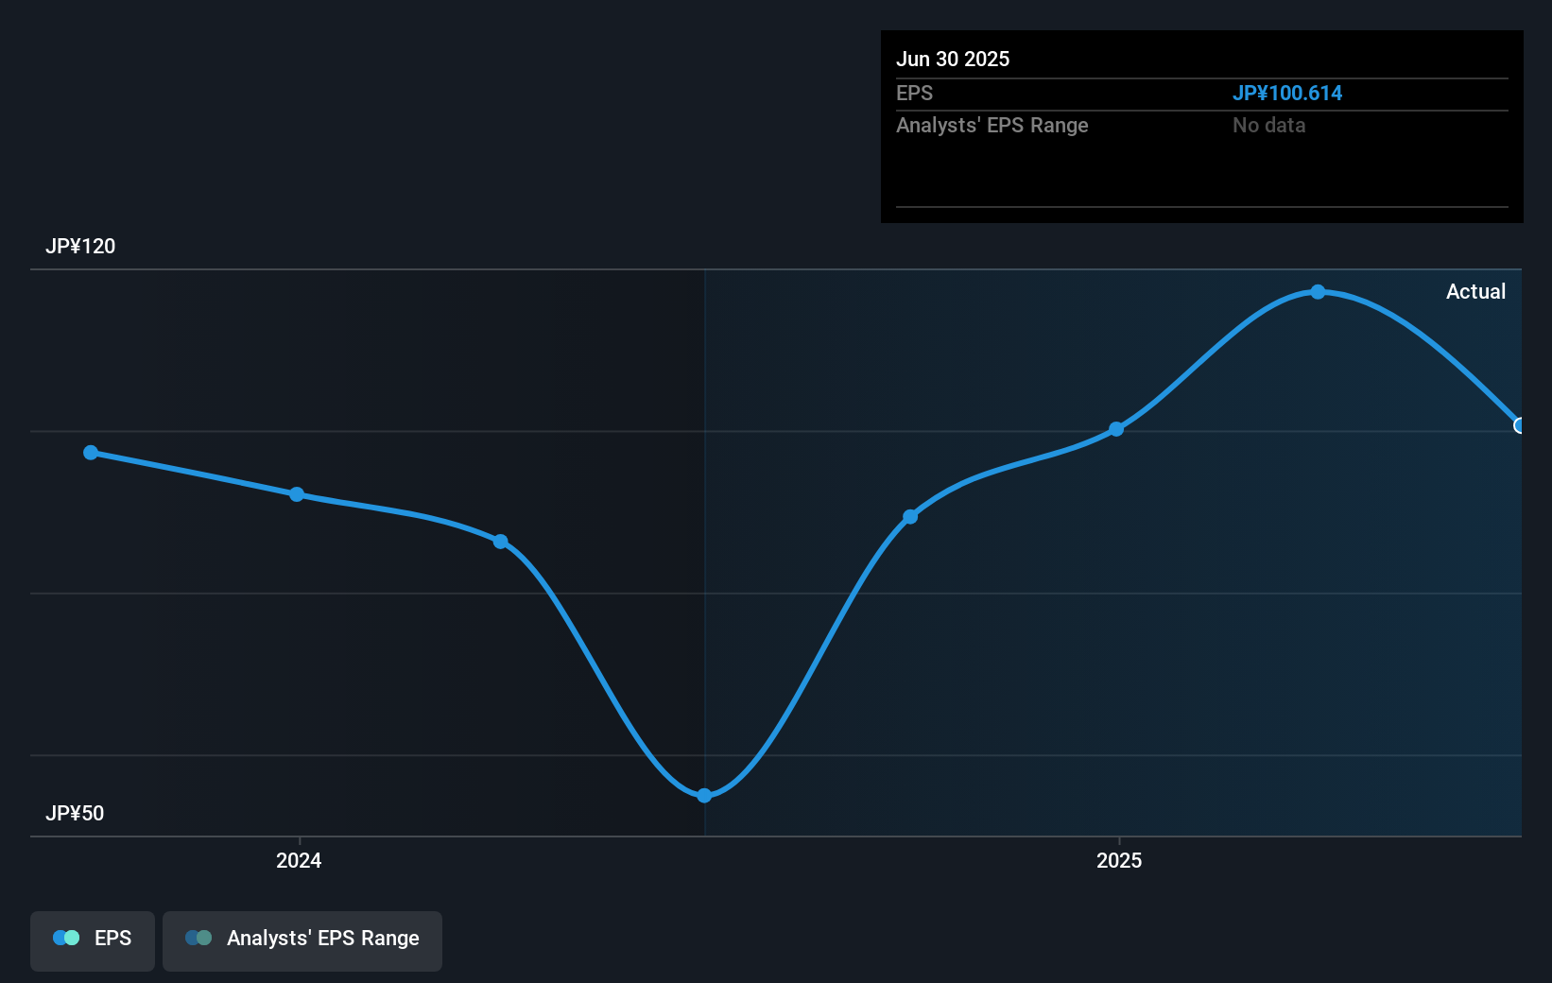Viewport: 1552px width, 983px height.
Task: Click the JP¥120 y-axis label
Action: (80, 247)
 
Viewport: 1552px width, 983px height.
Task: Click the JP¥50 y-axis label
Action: (75, 814)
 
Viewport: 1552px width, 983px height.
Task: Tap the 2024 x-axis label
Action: (299, 860)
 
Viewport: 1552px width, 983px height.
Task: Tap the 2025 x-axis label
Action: (1119, 860)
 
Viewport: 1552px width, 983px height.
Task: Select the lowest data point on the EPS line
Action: (704, 796)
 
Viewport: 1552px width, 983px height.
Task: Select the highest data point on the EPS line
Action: (1318, 292)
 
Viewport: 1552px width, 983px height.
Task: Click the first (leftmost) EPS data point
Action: (91, 453)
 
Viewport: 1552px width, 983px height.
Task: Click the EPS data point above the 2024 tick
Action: (297, 494)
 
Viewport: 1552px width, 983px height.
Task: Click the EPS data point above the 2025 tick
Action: (1116, 429)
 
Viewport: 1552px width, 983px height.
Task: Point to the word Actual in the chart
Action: (1475, 292)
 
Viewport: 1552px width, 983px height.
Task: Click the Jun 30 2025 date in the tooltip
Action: (953, 59)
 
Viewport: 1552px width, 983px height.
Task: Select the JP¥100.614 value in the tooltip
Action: (1286, 93)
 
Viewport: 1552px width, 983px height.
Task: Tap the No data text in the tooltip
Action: (1268, 125)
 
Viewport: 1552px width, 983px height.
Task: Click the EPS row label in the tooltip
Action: (914, 93)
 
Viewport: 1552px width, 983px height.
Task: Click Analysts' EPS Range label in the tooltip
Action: (992, 125)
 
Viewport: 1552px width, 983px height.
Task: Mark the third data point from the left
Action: (501, 542)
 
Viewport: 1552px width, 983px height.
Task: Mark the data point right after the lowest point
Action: (910, 517)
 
